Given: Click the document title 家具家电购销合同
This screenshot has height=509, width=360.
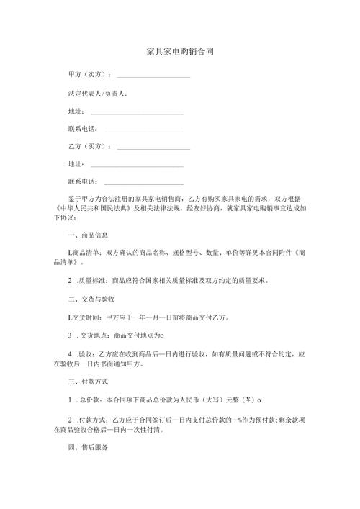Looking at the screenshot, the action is (179, 52).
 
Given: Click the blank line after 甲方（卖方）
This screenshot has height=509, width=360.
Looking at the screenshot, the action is (153, 76).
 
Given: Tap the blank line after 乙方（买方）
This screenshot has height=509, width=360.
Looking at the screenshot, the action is (153, 146).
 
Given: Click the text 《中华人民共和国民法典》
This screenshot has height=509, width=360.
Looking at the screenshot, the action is (92, 207).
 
